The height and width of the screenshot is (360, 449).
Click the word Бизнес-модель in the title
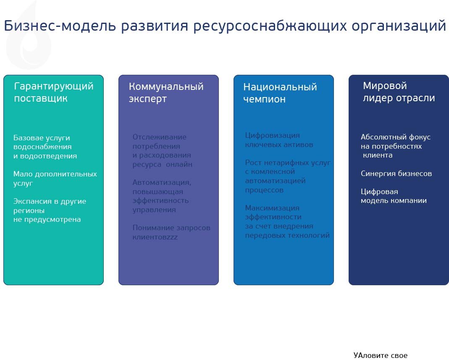[60, 26]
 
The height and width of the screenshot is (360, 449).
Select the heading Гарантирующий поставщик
[53, 92]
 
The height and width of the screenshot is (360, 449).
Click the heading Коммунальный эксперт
[166, 92]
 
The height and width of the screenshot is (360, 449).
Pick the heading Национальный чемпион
[280, 93]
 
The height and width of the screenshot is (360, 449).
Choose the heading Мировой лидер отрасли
[399, 92]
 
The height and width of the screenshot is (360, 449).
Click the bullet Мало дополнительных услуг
[55, 179]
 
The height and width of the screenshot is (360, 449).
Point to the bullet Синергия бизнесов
[396, 173]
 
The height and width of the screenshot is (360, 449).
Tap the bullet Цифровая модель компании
[394, 196]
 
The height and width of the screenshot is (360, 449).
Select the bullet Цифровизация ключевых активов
[279, 140]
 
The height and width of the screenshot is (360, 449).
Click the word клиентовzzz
[155, 237]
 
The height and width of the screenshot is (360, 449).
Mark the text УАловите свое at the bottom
[380, 355]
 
